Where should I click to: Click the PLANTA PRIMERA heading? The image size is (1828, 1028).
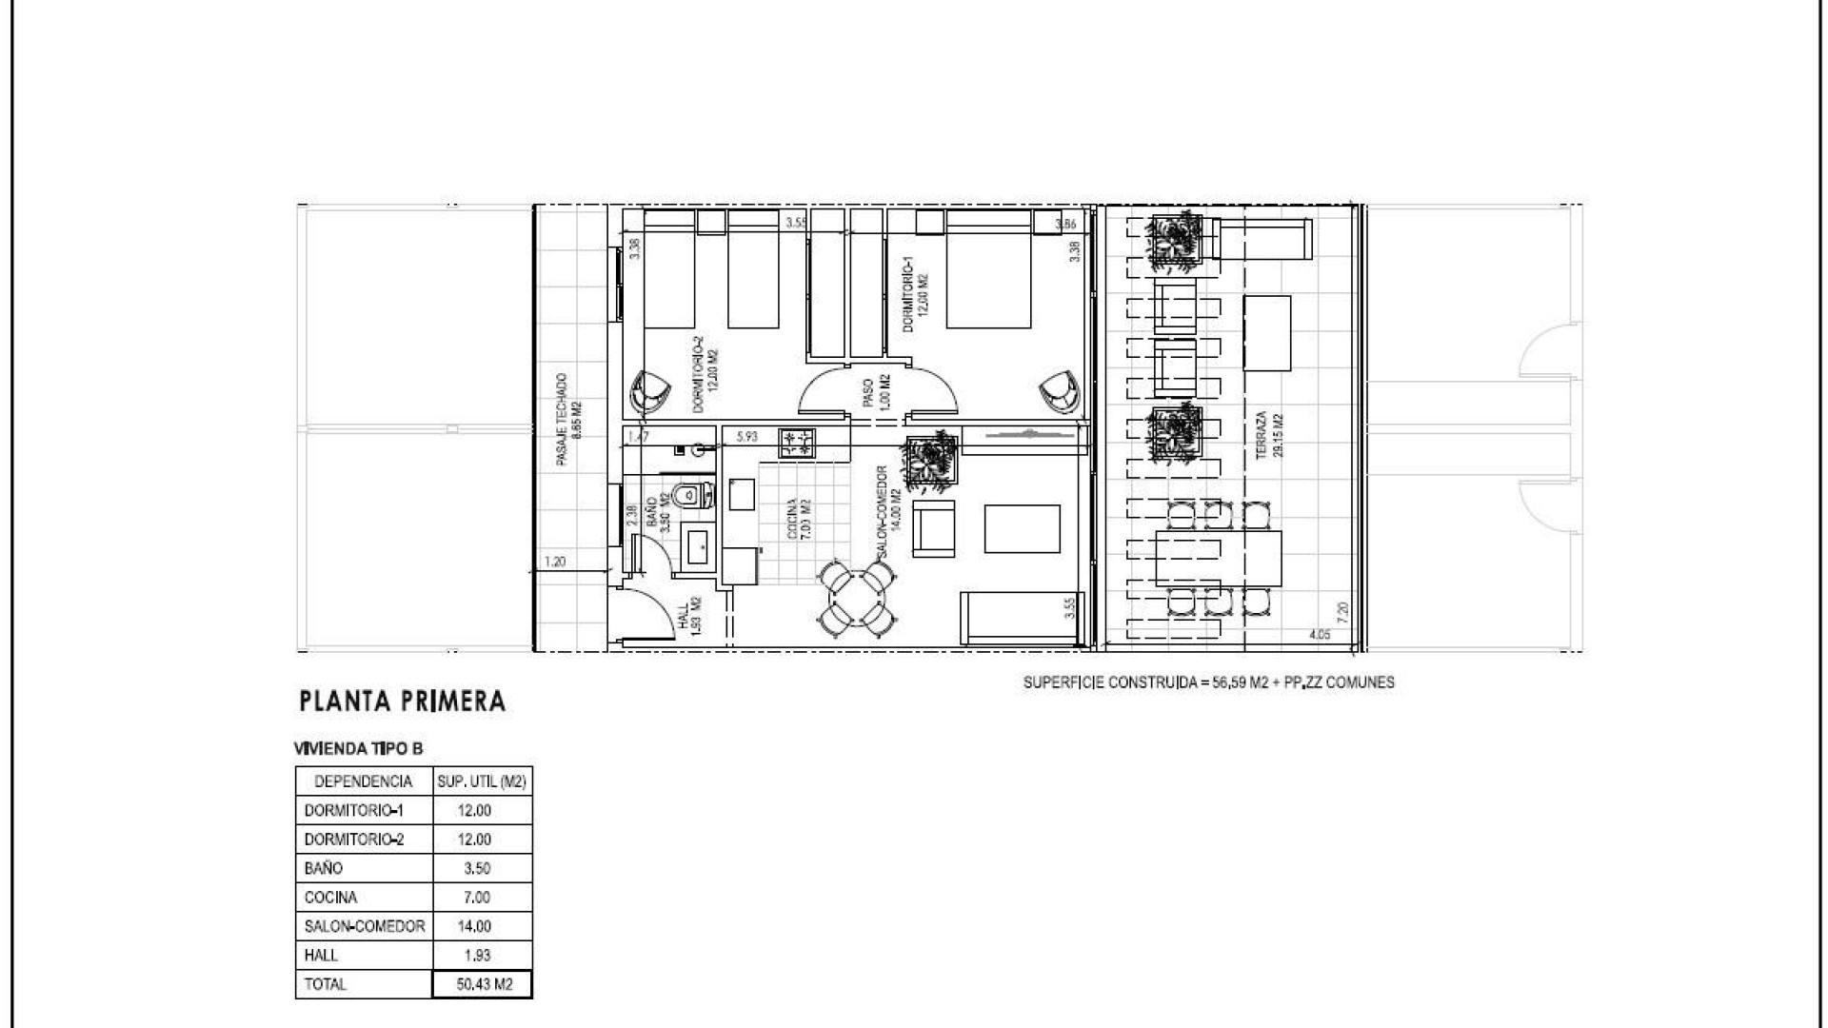(402, 702)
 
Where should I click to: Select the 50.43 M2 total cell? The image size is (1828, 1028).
(483, 984)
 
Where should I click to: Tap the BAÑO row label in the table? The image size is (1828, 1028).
(324, 868)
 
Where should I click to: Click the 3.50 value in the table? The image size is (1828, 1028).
(474, 868)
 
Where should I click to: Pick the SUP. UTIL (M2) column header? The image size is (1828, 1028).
(482, 781)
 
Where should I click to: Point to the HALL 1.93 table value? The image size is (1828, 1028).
(474, 955)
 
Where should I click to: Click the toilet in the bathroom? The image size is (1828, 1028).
(691, 494)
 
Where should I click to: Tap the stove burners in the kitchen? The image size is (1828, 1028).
(797, 444)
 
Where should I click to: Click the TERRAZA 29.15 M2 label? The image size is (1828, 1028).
(1269, 435)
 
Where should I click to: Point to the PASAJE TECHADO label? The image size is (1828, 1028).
(568, 419)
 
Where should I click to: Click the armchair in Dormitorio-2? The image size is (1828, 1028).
(650, 391)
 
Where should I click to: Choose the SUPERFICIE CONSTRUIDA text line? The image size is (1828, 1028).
(1208, 682)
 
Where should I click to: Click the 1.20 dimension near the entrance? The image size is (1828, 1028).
(554, 563)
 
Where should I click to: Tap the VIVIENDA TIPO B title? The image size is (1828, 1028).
(359, 749)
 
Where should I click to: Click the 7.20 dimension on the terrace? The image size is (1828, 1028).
(1342, 611)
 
